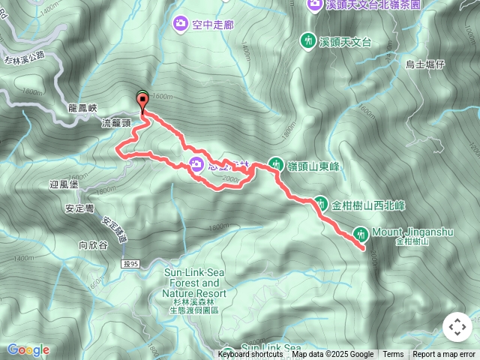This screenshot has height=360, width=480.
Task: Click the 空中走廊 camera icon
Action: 180,25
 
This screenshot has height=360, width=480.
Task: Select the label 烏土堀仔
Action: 425,64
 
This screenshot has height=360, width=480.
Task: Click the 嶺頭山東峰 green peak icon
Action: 276,164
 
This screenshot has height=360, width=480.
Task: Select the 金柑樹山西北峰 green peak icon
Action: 320,202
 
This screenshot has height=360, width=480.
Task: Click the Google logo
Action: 28,349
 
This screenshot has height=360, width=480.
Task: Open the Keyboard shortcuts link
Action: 250,355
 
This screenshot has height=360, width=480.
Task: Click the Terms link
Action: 393,355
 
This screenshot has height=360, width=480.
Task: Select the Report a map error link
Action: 444,355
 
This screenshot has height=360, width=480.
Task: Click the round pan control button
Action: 457,328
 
